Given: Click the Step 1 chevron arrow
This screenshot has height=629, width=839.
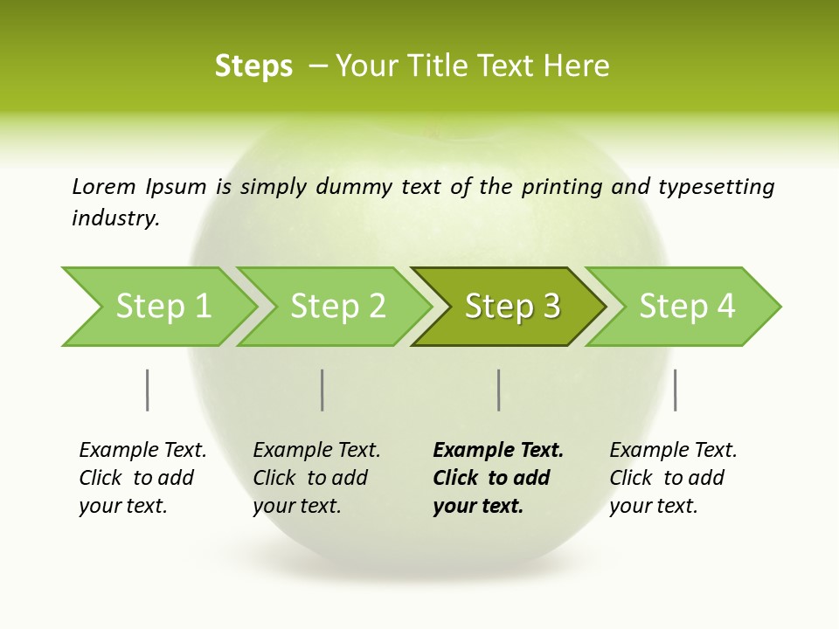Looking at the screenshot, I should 163,307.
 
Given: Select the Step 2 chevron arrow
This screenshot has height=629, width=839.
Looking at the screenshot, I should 337,307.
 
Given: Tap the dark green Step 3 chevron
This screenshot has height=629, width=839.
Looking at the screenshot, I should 512,307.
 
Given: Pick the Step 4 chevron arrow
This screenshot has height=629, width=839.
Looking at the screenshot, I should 687,307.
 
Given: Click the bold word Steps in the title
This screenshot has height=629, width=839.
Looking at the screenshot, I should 253,66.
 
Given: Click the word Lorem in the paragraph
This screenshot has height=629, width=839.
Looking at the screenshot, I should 104,186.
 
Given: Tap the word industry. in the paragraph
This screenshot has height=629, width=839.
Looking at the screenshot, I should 115,218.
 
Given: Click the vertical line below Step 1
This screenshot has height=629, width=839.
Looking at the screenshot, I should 147,390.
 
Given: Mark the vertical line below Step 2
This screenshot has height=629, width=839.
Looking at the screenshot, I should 322,390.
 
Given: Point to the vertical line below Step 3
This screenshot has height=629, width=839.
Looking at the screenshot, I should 498,390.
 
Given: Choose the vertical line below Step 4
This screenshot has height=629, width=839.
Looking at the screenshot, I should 675,390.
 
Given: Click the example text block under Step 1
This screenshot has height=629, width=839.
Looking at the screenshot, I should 142,478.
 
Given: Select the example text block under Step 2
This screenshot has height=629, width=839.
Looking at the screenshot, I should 316,478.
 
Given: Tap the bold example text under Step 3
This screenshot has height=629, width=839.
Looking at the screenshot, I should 498,478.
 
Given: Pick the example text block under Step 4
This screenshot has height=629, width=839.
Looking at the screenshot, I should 673,478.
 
